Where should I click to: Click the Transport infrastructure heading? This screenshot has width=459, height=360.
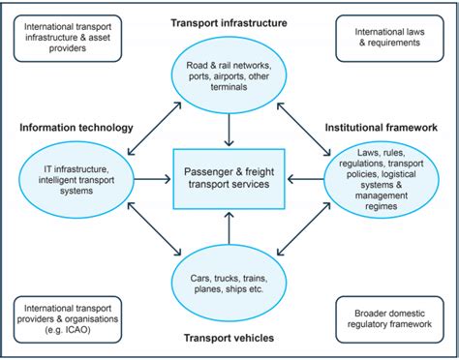[229, 21]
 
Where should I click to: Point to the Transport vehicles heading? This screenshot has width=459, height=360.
[229, 338]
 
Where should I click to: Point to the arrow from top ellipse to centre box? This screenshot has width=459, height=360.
[229, 125]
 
